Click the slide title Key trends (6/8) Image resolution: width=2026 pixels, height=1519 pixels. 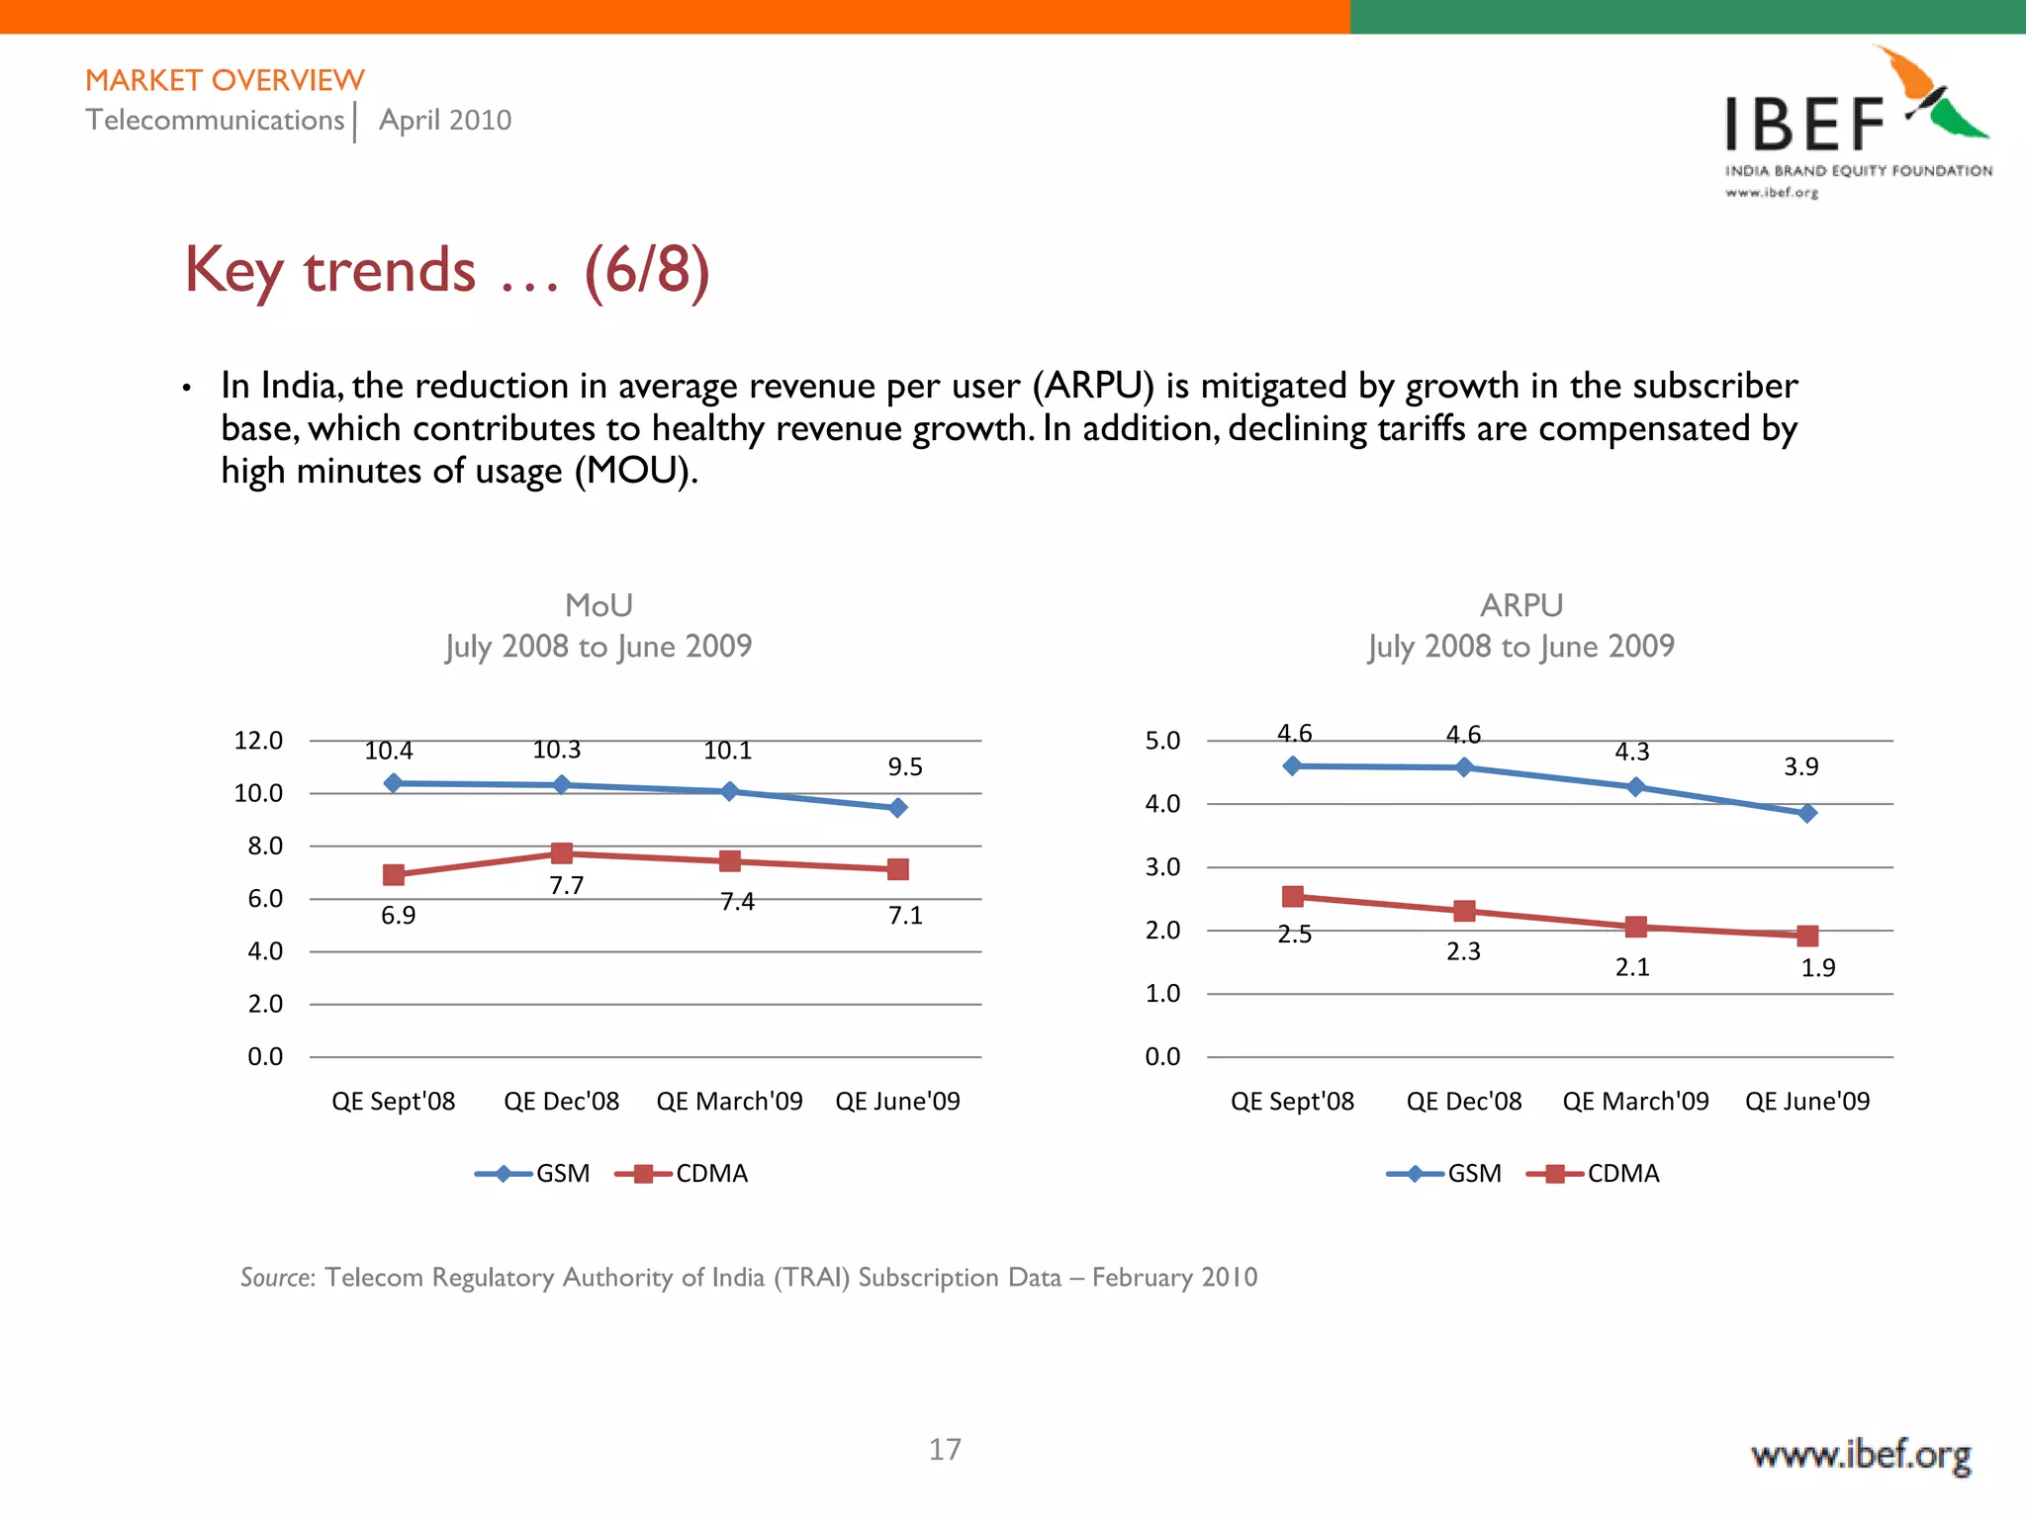447,270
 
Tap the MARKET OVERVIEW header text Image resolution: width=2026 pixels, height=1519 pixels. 225,80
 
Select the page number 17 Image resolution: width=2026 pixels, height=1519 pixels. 945,1449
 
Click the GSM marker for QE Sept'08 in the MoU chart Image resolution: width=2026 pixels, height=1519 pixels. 393,783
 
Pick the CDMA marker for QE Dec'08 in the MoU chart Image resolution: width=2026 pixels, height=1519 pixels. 562,852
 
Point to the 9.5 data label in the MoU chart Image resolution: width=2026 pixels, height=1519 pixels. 904,767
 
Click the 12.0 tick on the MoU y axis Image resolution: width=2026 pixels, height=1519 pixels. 258,741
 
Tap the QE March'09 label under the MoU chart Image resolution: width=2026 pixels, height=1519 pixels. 729,1101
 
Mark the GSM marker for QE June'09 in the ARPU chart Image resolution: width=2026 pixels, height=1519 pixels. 1806,813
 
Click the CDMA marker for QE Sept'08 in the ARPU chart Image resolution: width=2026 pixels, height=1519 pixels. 1292,896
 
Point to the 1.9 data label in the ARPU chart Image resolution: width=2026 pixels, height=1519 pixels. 1817,968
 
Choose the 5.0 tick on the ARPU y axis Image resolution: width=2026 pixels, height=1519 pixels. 1162,741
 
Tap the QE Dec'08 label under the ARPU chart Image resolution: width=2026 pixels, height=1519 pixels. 1463,1101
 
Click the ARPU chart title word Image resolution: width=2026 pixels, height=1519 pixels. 1520,605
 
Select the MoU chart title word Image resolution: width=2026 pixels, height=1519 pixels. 599,605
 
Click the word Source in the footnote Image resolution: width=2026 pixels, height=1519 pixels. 277,1278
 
